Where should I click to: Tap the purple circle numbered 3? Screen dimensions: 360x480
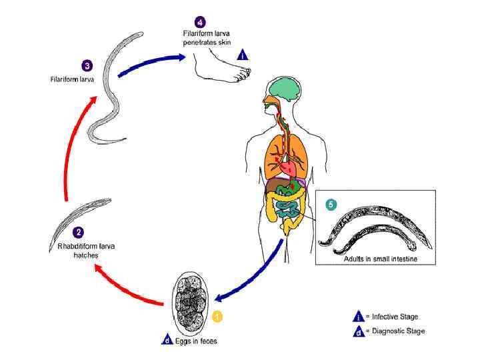(87, 65)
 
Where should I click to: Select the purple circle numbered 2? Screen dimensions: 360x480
(79, 233)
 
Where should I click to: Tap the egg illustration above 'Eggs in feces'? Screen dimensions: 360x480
(193, 305)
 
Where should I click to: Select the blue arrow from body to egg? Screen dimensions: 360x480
(250, 280)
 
